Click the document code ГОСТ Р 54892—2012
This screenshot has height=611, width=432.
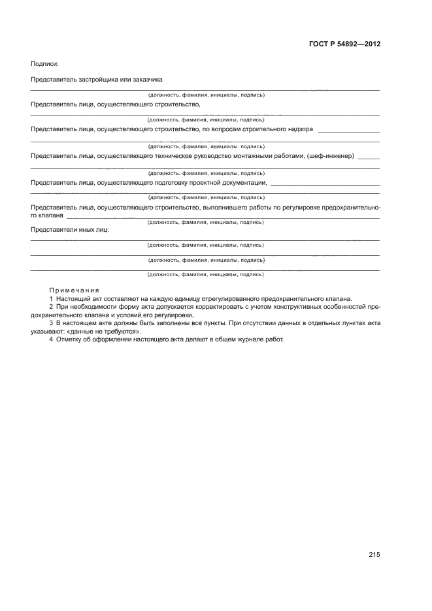344,44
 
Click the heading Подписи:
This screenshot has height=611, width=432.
44,63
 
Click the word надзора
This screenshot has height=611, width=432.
297,129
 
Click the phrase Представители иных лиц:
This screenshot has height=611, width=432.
70,230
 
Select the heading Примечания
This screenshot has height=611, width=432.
74,289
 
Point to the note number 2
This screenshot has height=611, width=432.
51,306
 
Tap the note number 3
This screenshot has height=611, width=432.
51,323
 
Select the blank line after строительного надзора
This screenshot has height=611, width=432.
348,131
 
